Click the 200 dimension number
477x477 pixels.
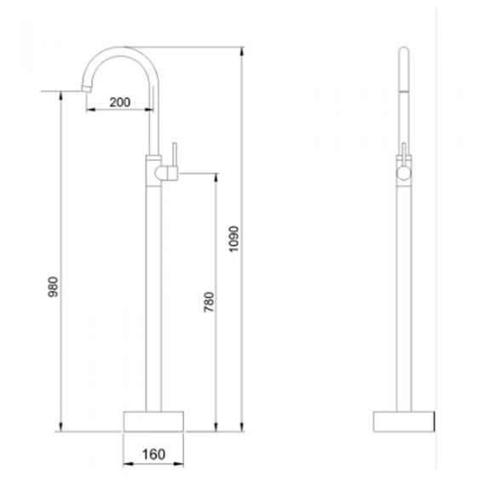coord(120,102)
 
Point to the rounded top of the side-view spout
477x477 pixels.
coord(403,57)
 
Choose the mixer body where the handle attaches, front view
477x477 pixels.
coord(155,173)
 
